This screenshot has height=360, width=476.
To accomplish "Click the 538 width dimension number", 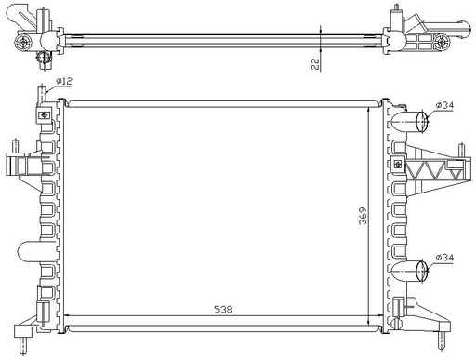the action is (223, 309).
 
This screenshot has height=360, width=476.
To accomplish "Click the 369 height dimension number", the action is (363, 215).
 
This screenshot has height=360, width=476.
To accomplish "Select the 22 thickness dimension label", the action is (315, 64).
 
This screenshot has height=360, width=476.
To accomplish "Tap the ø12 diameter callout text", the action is (64, 81).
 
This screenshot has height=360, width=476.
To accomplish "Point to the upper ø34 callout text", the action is (444, 105).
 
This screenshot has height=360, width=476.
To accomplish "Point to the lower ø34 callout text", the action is (444, 258).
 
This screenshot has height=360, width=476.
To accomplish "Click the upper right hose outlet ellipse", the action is (421, 121).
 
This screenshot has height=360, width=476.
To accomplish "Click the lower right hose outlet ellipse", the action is (421, 271).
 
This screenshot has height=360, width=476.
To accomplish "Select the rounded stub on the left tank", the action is (29, 251).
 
